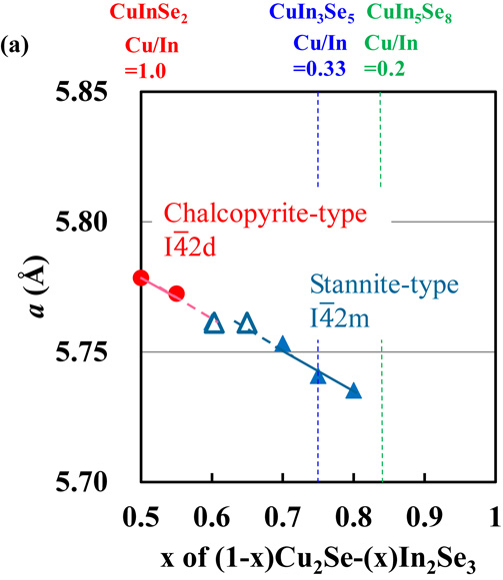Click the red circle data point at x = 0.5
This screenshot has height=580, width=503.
(141, 277)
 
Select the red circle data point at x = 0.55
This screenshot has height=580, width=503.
(176, 292)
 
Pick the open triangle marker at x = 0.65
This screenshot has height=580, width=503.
(247, 324)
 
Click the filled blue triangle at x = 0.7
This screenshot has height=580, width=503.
(283, 344)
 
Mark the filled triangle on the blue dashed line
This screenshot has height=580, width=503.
(318, 375)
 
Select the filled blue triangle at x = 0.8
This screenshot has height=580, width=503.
(353, 390)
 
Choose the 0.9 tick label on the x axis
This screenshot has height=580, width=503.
(424, 516)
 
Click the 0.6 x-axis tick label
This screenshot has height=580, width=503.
(212, 516)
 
